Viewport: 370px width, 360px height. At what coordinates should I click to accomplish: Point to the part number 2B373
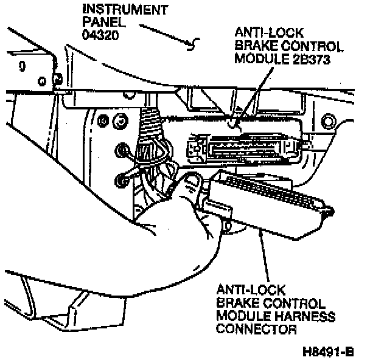[x=310, y=58]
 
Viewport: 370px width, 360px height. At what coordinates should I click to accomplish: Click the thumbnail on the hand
[x=192, y=181]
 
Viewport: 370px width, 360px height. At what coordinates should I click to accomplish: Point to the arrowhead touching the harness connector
[x=260, y=232]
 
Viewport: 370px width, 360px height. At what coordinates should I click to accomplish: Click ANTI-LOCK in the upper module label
[x=264, y=32]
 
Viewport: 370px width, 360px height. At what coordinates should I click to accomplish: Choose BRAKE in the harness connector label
[x=236, y=302]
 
